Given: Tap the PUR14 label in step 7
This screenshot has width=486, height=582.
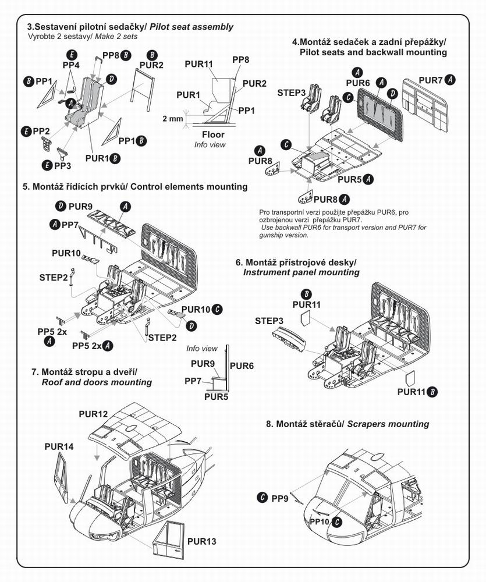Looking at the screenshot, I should pos(59,446).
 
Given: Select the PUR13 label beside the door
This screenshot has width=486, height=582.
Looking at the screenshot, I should pos(202,542).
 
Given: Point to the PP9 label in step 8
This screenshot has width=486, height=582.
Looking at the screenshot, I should pos(280,498).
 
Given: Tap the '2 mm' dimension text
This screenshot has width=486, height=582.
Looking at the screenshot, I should pos(172,118).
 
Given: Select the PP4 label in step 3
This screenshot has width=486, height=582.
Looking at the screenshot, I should pos(71,65).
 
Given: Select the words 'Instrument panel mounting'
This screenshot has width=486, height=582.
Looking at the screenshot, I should pos(301,272).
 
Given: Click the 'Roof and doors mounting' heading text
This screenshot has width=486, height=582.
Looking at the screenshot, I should pos(97,382).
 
